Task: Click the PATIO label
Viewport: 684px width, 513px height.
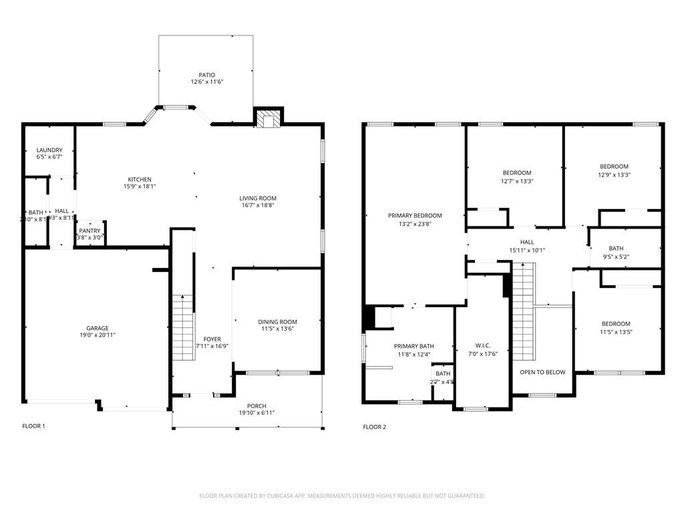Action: [206, 75]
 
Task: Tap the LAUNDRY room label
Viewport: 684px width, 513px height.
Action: [49, 150]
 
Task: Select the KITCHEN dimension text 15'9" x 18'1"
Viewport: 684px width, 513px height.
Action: [140, 188]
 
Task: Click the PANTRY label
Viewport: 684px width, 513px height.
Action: [90, 230]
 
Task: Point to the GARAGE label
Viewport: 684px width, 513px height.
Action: [98, 328]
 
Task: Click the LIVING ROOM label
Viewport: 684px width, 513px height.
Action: [258, 198]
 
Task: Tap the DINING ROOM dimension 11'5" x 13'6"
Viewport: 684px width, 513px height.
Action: [277, 329]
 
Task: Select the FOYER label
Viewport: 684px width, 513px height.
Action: [212, 339]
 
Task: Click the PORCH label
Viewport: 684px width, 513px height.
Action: [256, 405]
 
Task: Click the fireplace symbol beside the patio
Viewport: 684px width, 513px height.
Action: [268, 119]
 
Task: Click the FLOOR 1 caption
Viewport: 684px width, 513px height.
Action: [33, 426]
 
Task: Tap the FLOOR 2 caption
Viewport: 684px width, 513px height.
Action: [374, 427]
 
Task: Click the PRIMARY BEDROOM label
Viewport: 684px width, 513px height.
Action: [415, 216]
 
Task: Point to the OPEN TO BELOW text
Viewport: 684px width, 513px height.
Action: [542, 372]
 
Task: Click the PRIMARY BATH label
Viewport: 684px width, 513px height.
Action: [413, 346]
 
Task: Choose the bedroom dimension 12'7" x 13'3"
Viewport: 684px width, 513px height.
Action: [516, 181]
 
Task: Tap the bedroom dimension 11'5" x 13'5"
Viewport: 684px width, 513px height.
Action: [615, 332]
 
